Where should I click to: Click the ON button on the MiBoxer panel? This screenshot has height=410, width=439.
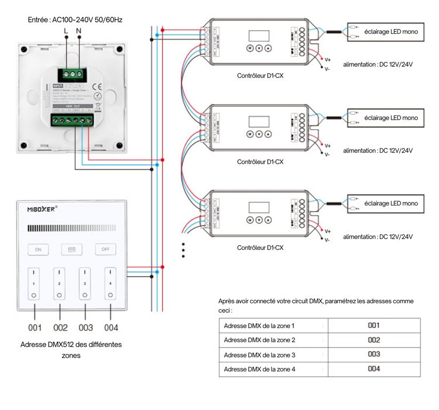point(38,249)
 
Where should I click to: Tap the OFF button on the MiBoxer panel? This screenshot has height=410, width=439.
point(105,249)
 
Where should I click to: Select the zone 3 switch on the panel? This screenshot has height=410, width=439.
point(82,283)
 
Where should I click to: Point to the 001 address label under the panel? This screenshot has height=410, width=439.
point(35,327)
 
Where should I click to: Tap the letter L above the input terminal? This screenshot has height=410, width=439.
point(66,31)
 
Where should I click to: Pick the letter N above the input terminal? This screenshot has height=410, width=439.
point(79,31)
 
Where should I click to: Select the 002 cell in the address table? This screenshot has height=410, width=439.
point(373,340)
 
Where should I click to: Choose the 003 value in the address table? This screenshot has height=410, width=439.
point(373,354)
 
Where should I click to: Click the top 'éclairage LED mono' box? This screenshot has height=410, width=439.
point(390,32)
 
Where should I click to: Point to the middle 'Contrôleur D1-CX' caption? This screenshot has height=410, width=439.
point(260,162)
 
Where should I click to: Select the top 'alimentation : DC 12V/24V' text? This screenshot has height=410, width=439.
point(378,64)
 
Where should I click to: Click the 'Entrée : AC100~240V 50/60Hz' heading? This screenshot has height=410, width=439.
point(75,20)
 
